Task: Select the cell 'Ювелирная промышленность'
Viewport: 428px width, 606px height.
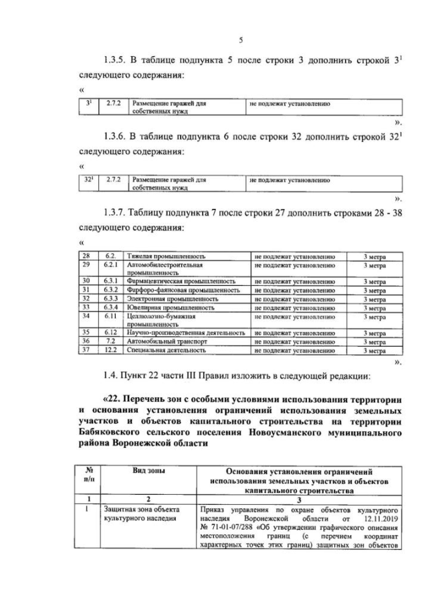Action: point(173,307)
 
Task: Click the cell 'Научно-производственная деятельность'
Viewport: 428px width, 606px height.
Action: point(189,332)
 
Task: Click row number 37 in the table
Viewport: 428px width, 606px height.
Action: point(86,350)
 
